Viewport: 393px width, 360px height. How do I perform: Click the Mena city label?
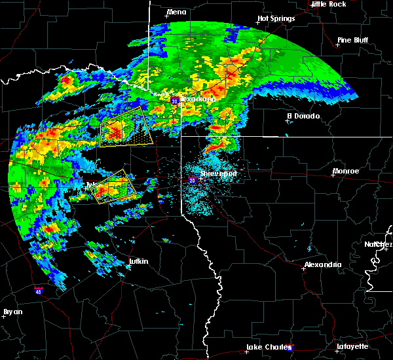click(x=176, y=12)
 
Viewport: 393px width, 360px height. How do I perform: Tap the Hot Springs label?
click(x=276, y=19)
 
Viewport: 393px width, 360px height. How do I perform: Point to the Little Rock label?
click(x=328, y=4)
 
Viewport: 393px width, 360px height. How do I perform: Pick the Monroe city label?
click(x=346, y=171)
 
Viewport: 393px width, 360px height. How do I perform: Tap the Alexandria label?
click(x=322, y=264)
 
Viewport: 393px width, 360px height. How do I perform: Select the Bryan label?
click(x=12, y=312)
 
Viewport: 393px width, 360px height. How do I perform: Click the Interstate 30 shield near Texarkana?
click(x=175, y=101)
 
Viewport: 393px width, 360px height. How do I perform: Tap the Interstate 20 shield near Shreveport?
click(x=192, y=180)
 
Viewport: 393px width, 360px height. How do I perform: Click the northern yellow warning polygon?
click(x=126, y=129)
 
